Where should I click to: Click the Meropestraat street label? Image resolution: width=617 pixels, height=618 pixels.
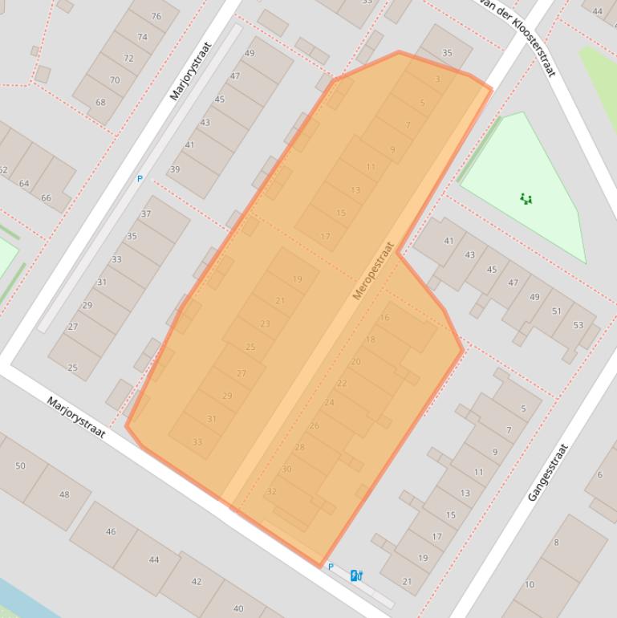(x=374, y=271)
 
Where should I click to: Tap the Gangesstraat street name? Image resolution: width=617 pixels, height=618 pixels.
(x=548, y=473)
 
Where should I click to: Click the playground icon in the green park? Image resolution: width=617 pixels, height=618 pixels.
(x=526, y=197)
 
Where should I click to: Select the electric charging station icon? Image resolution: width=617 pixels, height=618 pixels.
(x=356, y=575)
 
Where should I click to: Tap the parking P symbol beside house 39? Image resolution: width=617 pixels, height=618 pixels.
(x=140, y=179)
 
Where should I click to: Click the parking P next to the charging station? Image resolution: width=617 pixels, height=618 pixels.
(x=330, y=567)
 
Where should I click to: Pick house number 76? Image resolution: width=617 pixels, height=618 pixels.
(x=155, y=16)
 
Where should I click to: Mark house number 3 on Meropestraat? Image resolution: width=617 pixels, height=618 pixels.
(x=437, y=79)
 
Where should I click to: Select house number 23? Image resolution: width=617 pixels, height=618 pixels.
(x=265, y=323)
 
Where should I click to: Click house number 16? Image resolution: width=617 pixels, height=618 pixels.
(x=384, y=318)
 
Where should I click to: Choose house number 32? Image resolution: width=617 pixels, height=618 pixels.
(x=271, y=491)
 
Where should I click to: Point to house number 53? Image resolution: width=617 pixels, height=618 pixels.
(x=578, y=325)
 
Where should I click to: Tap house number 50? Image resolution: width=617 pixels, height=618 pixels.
(x=20, y=466)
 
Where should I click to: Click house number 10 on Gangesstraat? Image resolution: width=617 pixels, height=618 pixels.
(x=529, y=584)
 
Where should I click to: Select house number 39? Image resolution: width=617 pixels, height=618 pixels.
(x=175, y=169)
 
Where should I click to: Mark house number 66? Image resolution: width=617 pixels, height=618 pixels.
(x=46, y=197)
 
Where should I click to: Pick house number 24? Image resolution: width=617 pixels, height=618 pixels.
(x=329, y=402)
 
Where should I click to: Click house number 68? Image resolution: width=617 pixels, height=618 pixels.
(x=100, y=102)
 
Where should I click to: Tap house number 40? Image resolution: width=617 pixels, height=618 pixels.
(x=237, y=608)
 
